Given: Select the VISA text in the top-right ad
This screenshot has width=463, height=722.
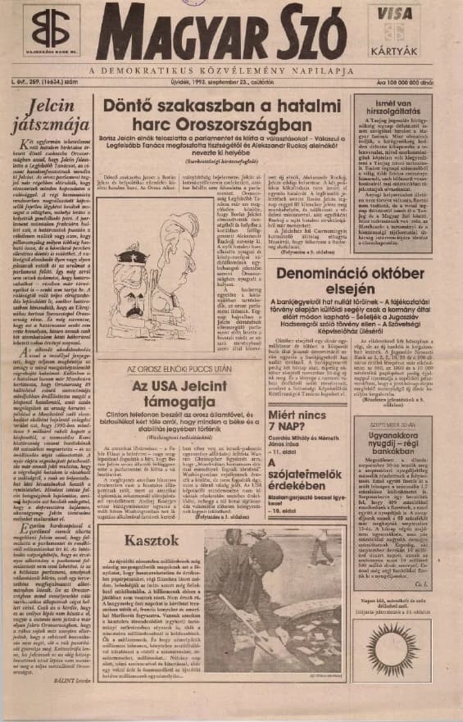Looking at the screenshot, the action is coord(397,14).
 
